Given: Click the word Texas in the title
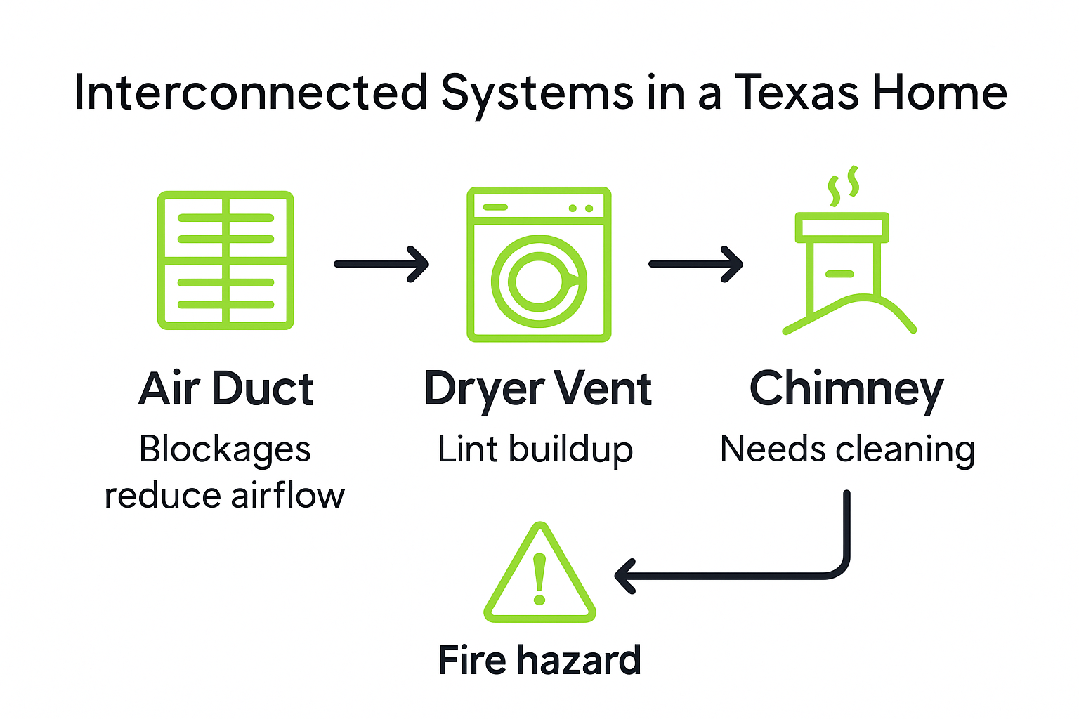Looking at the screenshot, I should [x=797, y=93].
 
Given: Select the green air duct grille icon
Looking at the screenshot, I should [x=225, y=260].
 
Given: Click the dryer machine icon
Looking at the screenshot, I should [x=539, y=264].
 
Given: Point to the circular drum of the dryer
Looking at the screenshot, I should [x=539, y=281].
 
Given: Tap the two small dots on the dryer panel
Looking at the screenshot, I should [x=581, y=209].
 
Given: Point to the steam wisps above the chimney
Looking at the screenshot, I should [x=844, y=184].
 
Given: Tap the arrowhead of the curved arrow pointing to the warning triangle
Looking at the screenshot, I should [x=624, y=576].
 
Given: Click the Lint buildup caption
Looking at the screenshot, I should [x=535, y=449].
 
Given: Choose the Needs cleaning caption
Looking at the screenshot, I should [x=848, y=449].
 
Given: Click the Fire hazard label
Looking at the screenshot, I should [x=539, y=660].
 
